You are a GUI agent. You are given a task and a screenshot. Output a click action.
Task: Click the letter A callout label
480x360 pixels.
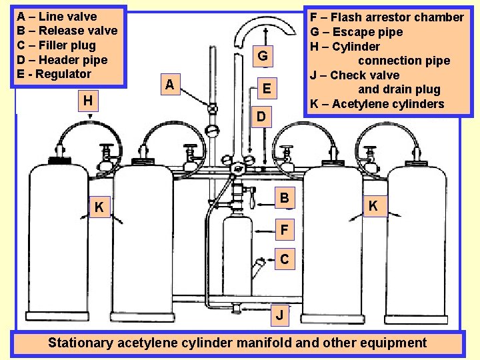171,85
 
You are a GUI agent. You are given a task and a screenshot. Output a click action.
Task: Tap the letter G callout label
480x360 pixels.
263,56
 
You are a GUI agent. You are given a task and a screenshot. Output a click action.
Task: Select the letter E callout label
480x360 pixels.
267,88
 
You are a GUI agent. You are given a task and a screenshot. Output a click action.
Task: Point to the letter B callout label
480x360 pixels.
285,198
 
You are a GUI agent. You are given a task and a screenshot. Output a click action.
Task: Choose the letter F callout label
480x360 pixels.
285,231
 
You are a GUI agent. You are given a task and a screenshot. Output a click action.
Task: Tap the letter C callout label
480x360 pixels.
285,259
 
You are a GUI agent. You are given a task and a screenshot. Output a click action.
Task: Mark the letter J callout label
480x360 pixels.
283,313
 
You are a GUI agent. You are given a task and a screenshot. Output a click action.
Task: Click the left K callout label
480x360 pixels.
99,208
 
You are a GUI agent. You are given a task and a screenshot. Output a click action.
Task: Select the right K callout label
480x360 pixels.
373,207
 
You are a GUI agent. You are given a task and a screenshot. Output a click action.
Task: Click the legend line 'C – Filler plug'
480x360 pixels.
56,45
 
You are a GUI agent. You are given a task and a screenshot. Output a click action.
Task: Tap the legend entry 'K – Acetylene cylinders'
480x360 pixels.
377,104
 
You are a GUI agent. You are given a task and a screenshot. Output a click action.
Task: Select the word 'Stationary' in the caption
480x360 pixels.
81,343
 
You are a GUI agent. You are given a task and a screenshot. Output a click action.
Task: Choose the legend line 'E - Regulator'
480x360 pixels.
54,74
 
